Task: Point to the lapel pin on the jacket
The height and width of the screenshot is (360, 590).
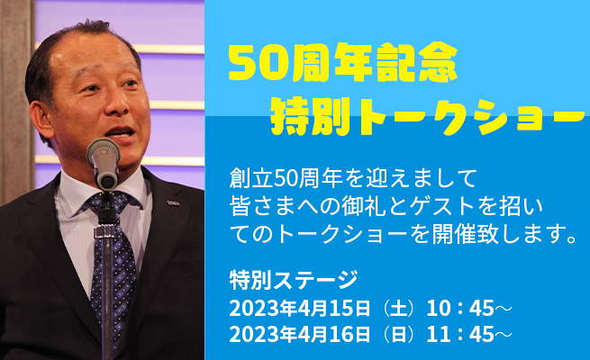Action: click(173, 202)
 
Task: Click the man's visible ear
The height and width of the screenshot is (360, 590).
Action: click(42, 121)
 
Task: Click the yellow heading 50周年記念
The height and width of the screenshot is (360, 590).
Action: click(343, 63)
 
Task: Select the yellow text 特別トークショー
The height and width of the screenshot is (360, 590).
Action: click(428, 116)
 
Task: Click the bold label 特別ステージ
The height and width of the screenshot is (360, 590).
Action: click(294, 280)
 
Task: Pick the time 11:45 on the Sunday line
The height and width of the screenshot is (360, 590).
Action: click(459, 334)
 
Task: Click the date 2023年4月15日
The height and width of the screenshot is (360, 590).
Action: click(300, 309)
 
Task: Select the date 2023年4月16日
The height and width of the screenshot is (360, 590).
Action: click(300, 334)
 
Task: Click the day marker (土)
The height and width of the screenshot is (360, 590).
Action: click(399, 309)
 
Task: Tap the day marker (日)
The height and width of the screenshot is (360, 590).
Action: click(399, 334)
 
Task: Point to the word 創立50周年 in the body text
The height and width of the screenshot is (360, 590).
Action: click(287, 178)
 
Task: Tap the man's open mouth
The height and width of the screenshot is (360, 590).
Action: click(121, 133)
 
